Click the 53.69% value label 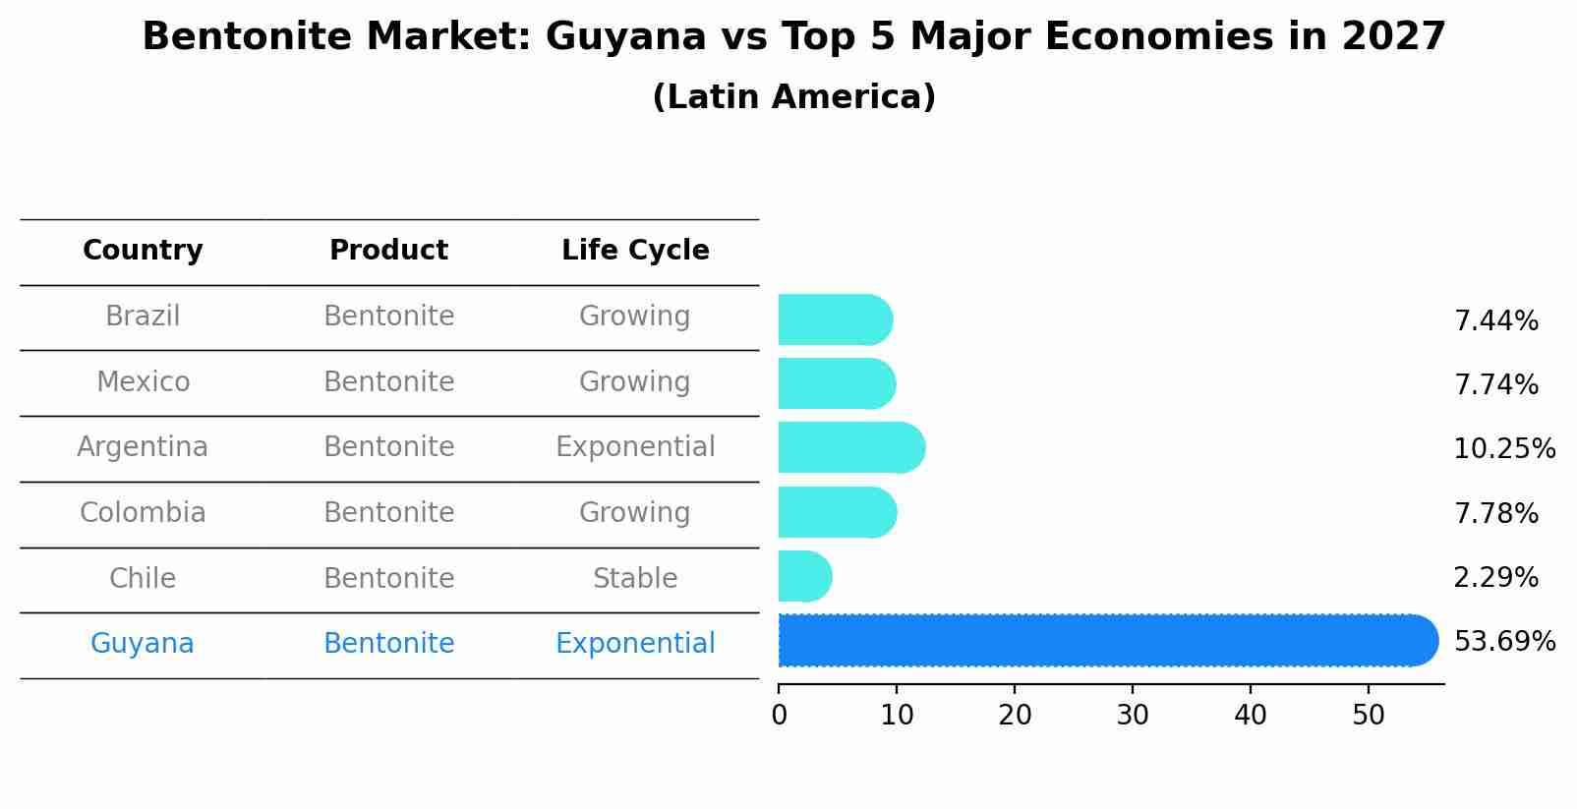pyautogui.click(x=1504, y=642)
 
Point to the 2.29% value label pyautogui.click(x=1495, y=578)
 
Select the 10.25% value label pyautogui.click(x=1504, y=449)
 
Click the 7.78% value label pyautogui.click(x=1495, y=514)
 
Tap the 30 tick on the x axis pyautogui.click(x=1133, y=716)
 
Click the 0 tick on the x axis pyautogui.click(x=779, y=716)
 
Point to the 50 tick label pyautogui.click(x=1369, y=716)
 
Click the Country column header pyautogui.click(x=143, y=251)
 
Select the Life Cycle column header pyautogui.click(x=635, y=251)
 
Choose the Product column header pyautogui.click(x=388, y=251)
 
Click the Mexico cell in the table pyautogui.click(x=143, y=381)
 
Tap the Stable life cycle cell pyautogui.click(x=635, y=579)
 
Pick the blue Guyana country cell pyautogui.click(x=143, y=644)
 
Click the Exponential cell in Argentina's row pyautogui.click(x=635, y=447)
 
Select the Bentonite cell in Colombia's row pyautogui.click(x=388, y=513)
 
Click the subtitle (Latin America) pyautogui.click(x=793, y=97)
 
